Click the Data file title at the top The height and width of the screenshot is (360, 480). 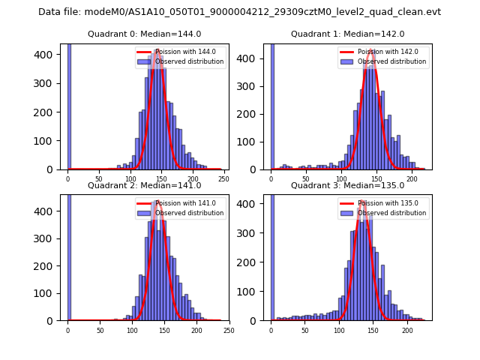click(239, 12)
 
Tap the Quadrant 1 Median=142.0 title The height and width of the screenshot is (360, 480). click(347, 34)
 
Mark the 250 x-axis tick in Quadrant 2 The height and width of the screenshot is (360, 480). click(229, 330)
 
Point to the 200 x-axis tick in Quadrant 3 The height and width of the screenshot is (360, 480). click(407, 330)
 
